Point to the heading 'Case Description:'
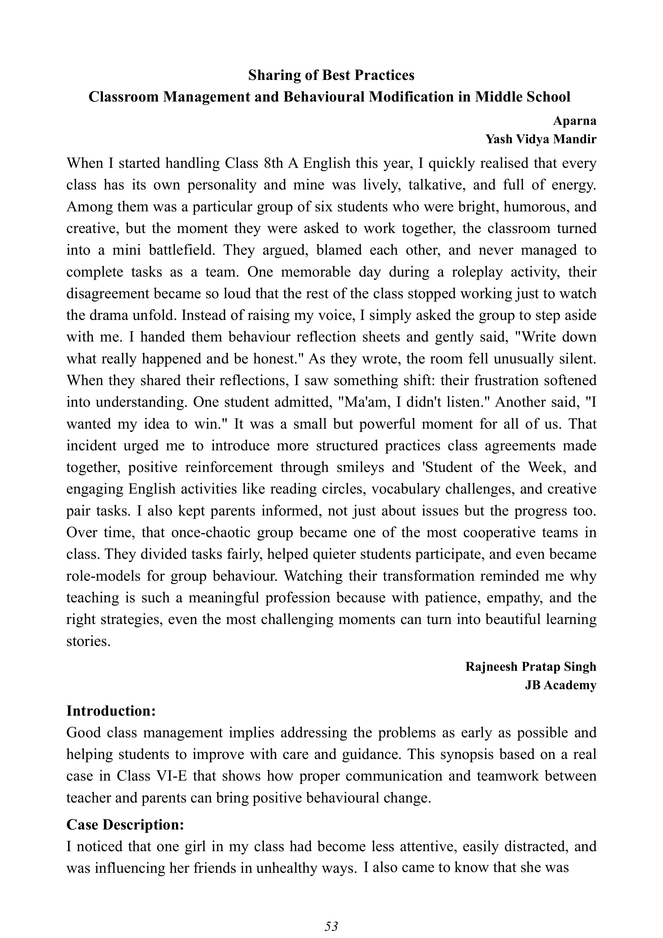125,825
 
